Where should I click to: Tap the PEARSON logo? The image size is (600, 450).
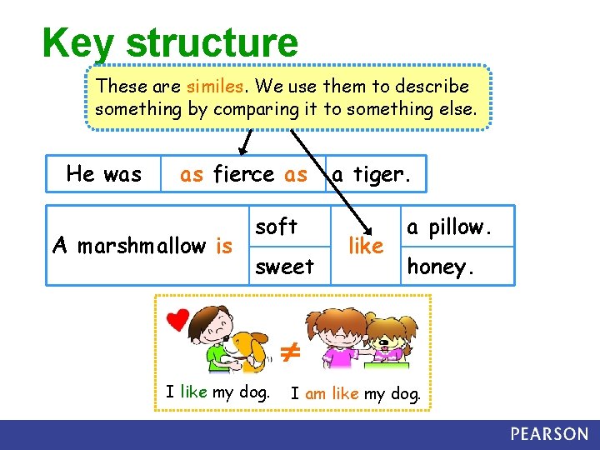[x=549, y=434]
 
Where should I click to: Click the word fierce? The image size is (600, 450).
[x=243, y=174]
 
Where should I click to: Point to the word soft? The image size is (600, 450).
[x=276, y=227]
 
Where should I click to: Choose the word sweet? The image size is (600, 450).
[x=284, y=267]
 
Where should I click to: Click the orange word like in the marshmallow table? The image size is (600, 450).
[x=366, y=246]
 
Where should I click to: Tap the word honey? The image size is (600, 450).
[x=441, y=267]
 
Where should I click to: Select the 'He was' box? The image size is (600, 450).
[x=104, y=174]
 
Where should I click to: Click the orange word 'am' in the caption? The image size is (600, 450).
[x=315, y=393]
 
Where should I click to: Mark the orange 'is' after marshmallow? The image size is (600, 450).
[x=224, y=246]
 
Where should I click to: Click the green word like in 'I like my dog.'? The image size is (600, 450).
[x=193, y=392]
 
